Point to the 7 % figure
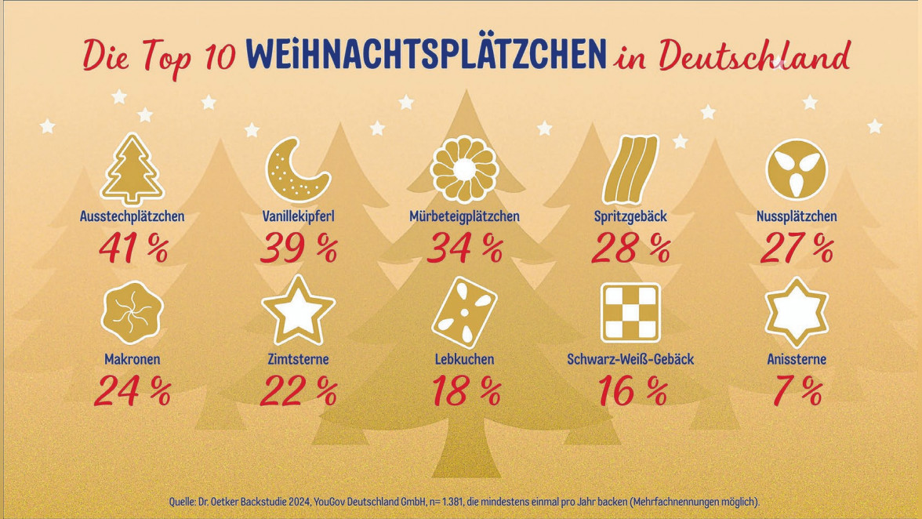[x=797, y=390]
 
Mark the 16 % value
[x=631, y=390]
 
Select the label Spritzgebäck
[x=630, y=216]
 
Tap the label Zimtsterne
[x=298, y=360]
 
